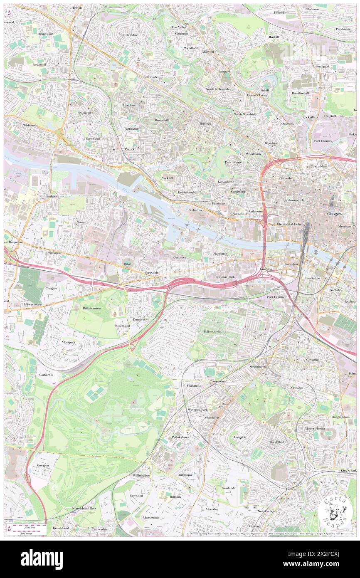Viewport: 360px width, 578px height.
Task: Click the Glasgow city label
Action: pyautogui.click(x=334, y=214)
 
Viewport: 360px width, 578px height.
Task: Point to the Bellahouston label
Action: pyautogui.click(x=92, y=309)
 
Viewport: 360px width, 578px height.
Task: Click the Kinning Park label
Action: pyautogui.click(x=225, y=277)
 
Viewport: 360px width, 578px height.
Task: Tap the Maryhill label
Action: pyautogui.click(x=208, y=52)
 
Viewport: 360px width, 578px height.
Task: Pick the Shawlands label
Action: pyautogui.click(x=212, y=417)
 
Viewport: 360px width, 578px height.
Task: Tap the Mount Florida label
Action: pyautogui.click(x=315, y=428)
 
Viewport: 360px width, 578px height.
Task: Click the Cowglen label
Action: pyautogui.click(x=43, y=465)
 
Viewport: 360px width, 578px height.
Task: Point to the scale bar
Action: pyautogui.click(x=28, y=528)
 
